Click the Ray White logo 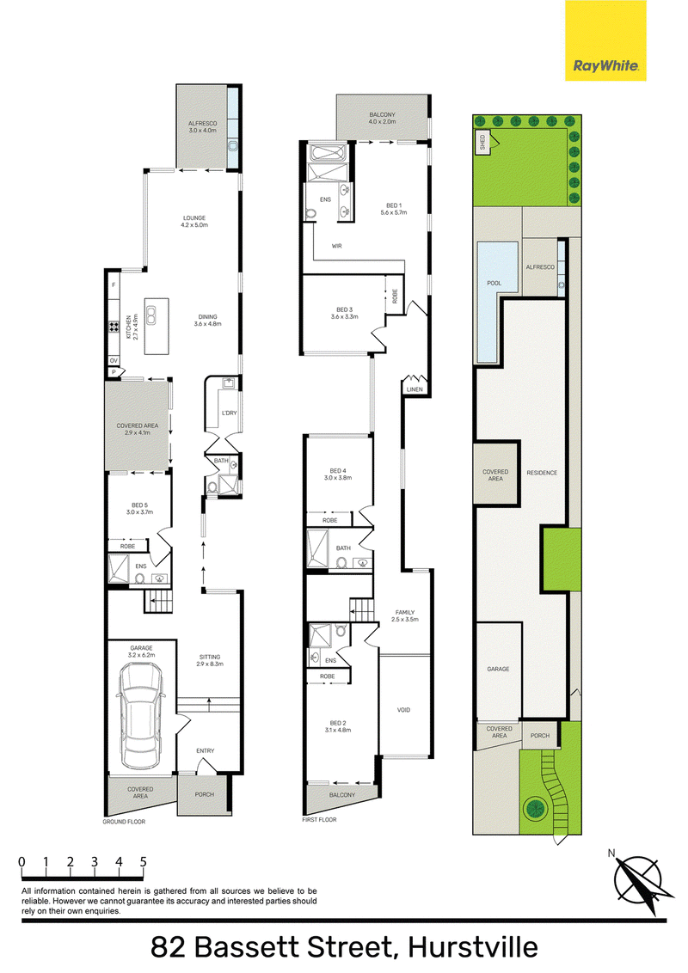605,40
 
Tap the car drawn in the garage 142,715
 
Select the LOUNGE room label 194,217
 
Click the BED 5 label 139,505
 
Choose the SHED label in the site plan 482,143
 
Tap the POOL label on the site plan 494,283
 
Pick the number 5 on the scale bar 144,862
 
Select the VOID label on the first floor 403,710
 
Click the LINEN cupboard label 415,389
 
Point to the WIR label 336,247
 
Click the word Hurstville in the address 472,947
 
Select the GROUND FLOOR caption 124,822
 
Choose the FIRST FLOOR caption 319,820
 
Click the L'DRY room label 229,413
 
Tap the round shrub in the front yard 534,808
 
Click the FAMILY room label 405,613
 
